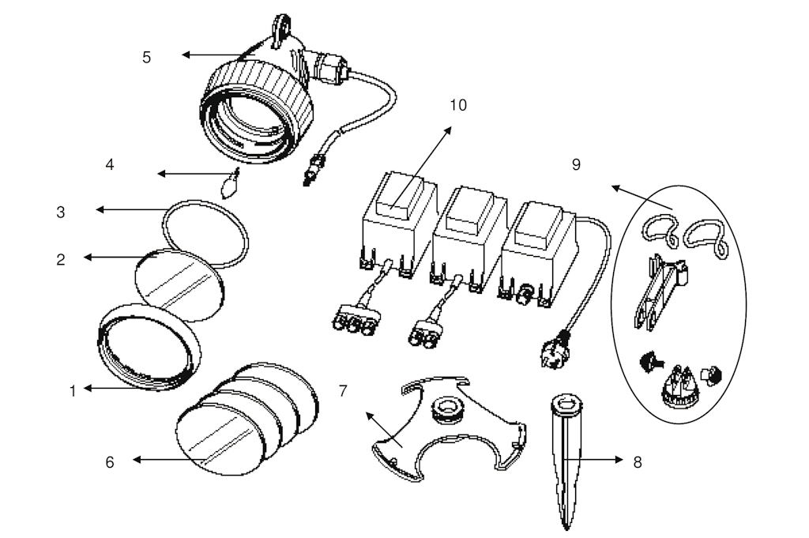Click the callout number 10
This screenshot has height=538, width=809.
click(458, 105)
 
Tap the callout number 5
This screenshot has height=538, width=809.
click(146, 57)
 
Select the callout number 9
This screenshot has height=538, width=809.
click(576, 164)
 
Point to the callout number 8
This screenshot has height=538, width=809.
click(638, 462)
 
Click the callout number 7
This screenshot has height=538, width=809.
click(343, 391)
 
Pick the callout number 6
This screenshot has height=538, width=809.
click(109, 462)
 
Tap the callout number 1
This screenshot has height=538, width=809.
click(73, 392)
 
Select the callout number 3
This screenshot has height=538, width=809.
click(61, 212)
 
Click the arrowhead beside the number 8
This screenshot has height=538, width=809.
click(619, 459)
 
